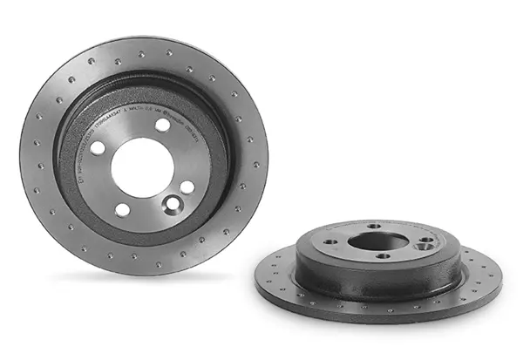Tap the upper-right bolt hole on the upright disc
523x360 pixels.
coord(163,126)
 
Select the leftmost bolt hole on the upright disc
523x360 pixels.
coord(98,147)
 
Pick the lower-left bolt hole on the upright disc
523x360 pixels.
coord(123,209)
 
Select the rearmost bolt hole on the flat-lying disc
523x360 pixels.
coord(375,226)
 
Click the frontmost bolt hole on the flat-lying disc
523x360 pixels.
coord(384,256)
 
